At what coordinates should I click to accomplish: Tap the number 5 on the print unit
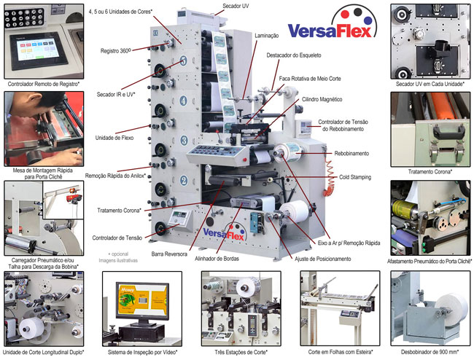tap(184, 61)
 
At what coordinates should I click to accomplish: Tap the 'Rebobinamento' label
tap(351, 154)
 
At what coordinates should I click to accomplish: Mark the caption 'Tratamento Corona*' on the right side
tap(430, 172)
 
